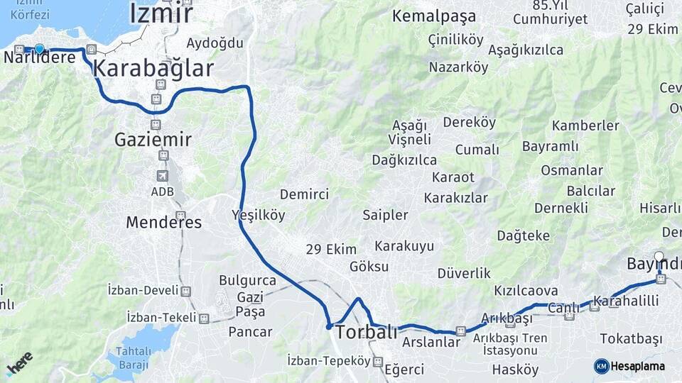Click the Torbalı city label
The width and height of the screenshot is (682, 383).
pos(366,332)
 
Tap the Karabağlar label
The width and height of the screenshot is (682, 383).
pos(153,69)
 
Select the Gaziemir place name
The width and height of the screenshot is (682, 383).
pos(153,140)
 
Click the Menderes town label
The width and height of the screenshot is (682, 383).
pos(163,222)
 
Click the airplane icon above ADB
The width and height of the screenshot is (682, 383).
pos(163,175)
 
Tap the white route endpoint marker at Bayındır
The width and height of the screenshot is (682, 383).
pos(659,257)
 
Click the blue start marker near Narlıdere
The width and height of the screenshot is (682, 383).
pos(40,49)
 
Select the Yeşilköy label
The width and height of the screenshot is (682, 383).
pos(258,214)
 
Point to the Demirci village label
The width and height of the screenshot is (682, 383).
pos(304,194)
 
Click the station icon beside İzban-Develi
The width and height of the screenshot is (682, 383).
pos(186,291)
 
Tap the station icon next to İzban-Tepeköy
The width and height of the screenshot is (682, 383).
pos(377,361)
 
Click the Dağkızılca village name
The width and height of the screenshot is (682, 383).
pos(404,160)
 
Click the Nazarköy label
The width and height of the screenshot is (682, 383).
pos(458,67)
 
